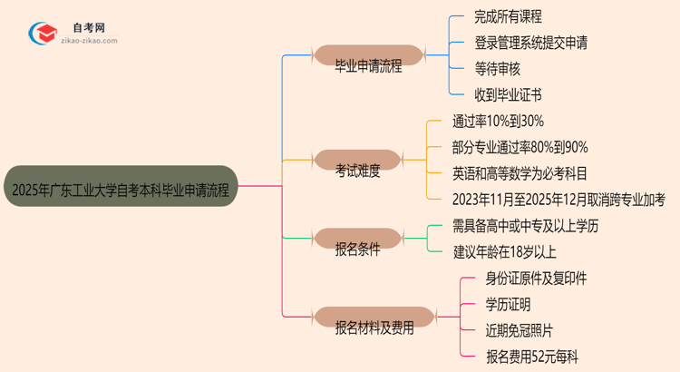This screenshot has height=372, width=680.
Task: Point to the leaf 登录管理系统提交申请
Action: pyautogui.click(x=543, y=42)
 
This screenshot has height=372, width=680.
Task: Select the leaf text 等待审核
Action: pyautogui.click(x=498, y=68)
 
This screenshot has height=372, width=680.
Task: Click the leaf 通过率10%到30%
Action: pyautogui.click(x=498, y=120)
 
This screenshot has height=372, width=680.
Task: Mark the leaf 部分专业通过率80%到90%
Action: pyautogui.click(x=520, y=146)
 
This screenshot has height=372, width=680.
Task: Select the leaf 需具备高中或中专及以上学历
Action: pyautogui.click(x=539, y=226)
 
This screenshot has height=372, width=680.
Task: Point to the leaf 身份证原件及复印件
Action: pyautogui.click(x=536, y=279)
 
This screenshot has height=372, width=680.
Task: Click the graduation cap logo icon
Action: pyautogui.click(x=44, y=34)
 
